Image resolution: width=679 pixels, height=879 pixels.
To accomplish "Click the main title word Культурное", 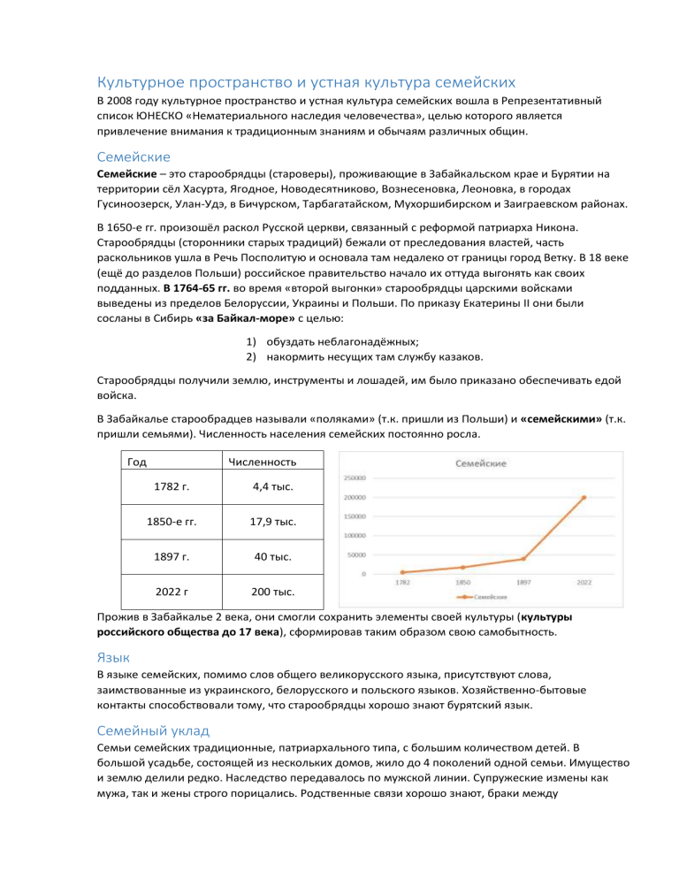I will pos(145,84).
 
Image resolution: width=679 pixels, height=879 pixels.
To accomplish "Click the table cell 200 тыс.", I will pos(262,591).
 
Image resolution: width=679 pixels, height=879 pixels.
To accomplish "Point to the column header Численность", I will pos(262,462).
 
